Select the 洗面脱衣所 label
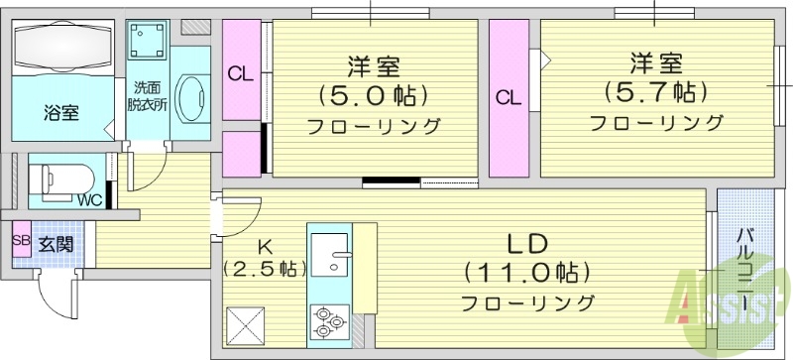[146, 93]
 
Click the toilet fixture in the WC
[58, 180]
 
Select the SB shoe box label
[21, 240]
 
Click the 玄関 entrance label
[56, 241]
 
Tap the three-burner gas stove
[329, 319]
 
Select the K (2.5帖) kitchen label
[264, 257]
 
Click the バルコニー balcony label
[745, 267]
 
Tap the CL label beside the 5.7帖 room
[509, 97]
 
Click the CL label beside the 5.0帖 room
[240, 72]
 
